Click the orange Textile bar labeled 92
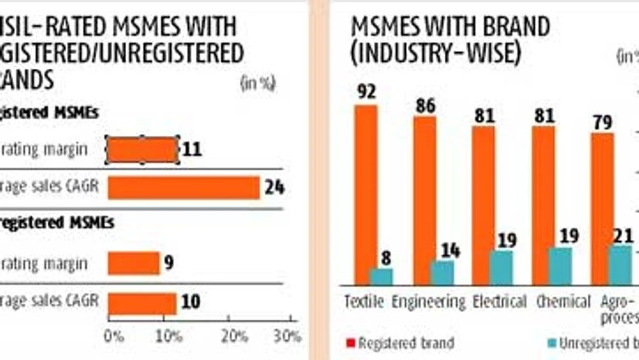pos(366,194)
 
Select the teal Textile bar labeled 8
pos(381,276)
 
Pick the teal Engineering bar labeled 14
pos(442,273)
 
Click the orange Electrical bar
pos(484,204)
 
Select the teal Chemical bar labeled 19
pos(560,266)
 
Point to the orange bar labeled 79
pos(602,207)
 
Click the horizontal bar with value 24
pos(183,187)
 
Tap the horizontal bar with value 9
pos(134,263)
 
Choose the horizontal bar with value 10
pos(142,301)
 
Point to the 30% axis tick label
pos(288,337)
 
